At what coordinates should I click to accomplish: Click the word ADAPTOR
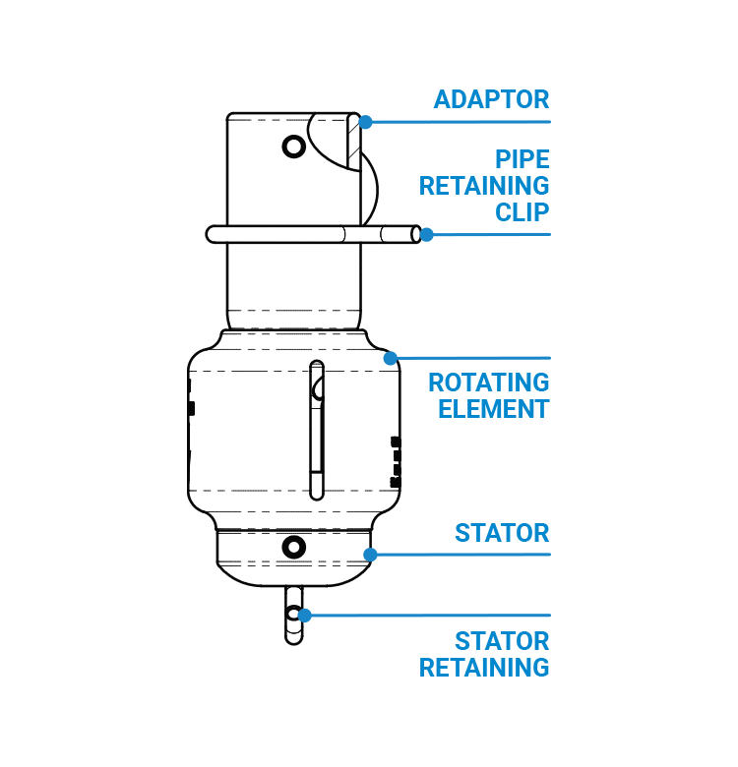[491, 99]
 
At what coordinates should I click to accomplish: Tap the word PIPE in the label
[522, 159]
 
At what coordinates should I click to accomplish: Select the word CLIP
[522, 212]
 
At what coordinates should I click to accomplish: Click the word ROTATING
[488, 383]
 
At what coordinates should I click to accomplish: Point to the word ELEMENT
[493, 409]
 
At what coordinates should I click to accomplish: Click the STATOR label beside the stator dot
[502, 534]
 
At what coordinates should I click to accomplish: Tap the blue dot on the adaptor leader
[365, 122]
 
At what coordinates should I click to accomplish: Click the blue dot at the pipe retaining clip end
[426, 235]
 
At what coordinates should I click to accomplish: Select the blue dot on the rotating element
[391, 358]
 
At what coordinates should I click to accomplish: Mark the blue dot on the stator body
[370, 555]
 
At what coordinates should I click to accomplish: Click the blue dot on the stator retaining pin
[304, 616]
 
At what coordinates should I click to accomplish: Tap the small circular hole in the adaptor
[293, 147]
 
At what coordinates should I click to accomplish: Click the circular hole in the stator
[293, 547]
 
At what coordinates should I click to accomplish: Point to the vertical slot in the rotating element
[316, 430]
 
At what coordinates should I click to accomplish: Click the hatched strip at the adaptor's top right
[353, 142]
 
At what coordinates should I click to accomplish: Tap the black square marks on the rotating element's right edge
[396, 462]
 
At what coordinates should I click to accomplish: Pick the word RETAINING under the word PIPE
[484, 186]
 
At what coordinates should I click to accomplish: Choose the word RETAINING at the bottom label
[484, 668]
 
